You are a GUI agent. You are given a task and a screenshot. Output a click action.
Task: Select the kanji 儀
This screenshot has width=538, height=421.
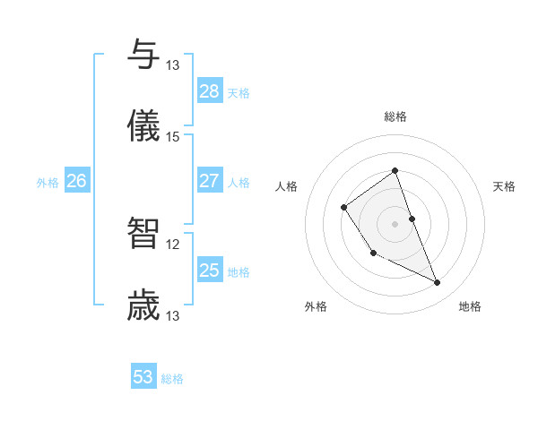click(143, 126)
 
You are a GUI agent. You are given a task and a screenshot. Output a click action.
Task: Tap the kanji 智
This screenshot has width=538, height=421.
click(143, 233)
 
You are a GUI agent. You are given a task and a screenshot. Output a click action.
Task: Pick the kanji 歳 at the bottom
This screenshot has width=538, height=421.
click(143, 305)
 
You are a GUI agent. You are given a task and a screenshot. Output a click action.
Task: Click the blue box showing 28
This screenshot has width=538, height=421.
click(210, 91)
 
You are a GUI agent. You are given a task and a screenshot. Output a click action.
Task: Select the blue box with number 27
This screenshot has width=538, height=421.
click(210, 181)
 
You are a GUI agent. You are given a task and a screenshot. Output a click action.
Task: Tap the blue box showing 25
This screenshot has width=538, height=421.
click(210, 271)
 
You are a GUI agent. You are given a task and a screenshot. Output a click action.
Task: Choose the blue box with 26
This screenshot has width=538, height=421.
click(76, 181)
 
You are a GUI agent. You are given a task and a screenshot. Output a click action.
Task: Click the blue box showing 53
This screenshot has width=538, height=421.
click(143, 377)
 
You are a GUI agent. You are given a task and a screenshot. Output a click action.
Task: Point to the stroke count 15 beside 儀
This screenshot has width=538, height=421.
click(173, 137)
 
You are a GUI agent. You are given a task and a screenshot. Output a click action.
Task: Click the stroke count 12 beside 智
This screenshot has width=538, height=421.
click(173, 244)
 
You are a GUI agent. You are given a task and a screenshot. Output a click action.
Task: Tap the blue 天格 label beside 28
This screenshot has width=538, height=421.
click(239, 93)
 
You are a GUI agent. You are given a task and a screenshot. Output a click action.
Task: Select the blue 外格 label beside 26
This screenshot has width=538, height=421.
click(48, 183)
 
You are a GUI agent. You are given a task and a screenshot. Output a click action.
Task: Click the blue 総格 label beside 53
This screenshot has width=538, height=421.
click(172, 379)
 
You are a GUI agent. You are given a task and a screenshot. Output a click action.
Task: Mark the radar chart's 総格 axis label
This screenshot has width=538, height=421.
click(395, 116)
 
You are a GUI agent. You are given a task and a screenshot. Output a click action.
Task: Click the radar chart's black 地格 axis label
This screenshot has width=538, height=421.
click(470, 306)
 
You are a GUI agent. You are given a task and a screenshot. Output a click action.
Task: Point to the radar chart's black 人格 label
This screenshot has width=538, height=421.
click(287, 186)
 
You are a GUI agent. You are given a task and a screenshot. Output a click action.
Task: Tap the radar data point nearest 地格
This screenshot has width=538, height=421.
click(438, 282)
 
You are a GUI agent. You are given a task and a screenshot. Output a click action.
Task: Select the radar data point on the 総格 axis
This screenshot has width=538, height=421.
click(395, 170)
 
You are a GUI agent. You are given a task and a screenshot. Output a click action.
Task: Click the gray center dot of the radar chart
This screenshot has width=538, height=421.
click(395, 222)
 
